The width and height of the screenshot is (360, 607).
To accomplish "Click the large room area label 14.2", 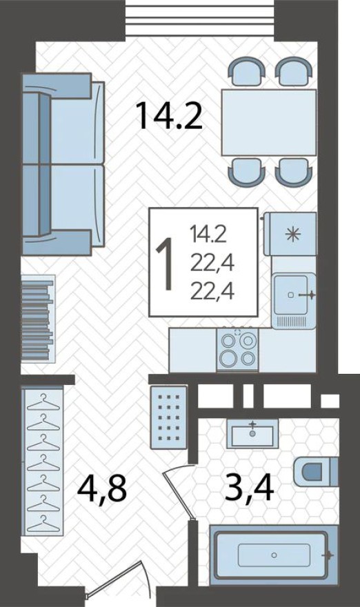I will pos(169,115).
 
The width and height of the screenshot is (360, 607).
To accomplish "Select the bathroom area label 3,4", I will pos(250,486).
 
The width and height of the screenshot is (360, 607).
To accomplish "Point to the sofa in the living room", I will pos(63,164).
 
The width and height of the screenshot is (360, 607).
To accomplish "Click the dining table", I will pos(268,122).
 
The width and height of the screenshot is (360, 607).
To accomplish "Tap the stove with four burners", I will pos(238,349).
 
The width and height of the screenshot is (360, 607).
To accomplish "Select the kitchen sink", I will pos(294,296).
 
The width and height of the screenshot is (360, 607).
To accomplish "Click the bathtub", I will pos(274,554).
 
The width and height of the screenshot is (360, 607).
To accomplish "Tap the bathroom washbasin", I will pos(252,433).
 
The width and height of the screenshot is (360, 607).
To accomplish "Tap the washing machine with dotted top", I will pos(168,416).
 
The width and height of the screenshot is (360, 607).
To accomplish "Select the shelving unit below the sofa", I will pos(37,318).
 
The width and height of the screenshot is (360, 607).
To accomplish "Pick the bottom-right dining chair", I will pos(292,170).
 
